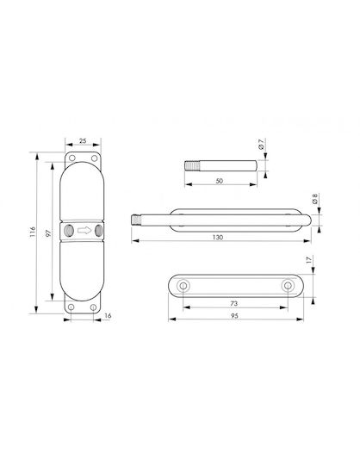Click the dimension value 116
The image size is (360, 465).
[x=33, y=232]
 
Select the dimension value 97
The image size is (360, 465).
[x=48, y=232]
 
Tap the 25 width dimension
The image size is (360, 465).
[x=83, y=140]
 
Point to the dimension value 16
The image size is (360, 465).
[x=108, y=316]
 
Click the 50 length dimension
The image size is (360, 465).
[x=219, y=181]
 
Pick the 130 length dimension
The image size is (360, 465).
[x=218, y=238]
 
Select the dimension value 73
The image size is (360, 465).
[x=234, y=303]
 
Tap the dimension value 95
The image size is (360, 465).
[x=234, y=316]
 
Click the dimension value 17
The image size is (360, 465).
[x=309, y=260]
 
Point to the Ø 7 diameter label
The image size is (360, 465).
[x=261, y=144]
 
